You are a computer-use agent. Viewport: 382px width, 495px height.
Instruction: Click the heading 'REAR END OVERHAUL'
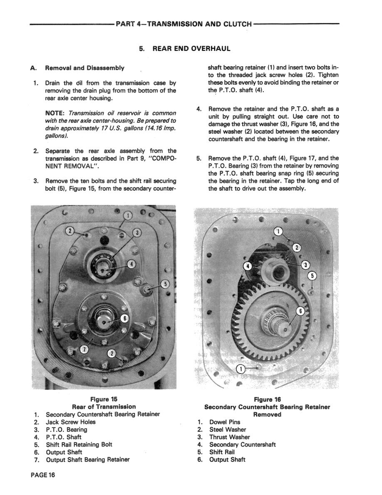191,49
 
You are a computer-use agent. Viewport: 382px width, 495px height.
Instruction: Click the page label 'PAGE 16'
42,475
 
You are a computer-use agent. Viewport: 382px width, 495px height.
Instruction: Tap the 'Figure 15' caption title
104,399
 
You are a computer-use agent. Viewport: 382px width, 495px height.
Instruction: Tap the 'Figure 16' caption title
267,400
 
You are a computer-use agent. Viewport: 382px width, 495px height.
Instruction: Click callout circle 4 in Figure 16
248,265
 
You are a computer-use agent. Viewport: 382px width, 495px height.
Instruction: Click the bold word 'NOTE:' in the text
55,113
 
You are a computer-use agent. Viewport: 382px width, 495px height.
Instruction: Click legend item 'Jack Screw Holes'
70,422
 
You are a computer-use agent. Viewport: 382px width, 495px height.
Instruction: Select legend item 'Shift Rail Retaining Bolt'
79,445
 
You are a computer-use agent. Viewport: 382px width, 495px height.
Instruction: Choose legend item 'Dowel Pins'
225,422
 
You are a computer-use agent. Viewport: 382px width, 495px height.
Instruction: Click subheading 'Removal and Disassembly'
84,68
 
